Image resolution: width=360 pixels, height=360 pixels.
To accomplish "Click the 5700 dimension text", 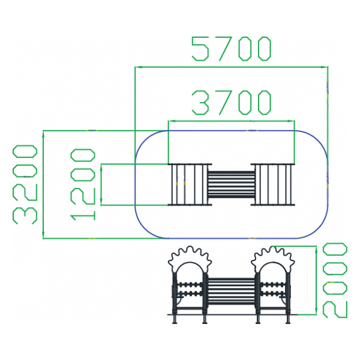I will (232, 49).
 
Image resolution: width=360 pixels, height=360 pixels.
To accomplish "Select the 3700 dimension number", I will (232, 103).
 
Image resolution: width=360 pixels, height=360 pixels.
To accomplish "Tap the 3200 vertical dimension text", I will (25, 184).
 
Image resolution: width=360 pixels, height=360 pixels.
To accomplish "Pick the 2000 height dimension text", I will (335, 280).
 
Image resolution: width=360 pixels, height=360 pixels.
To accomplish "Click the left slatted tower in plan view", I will (189, 184).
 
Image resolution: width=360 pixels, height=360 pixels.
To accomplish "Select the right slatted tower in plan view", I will (274, 184).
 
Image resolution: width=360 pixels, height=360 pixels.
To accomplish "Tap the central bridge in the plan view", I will (232, 184).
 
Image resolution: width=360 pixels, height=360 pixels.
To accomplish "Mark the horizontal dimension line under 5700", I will (232, 68).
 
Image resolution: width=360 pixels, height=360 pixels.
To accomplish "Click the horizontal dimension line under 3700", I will (232, 121).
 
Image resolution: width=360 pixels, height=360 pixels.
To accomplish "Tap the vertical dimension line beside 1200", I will (102, 184).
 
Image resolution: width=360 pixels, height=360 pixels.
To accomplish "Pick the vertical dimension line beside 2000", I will (316, 280).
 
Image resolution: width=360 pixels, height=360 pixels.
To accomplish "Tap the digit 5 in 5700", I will (202, 49).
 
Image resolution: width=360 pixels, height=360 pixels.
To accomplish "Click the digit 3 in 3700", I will (202, 103).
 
